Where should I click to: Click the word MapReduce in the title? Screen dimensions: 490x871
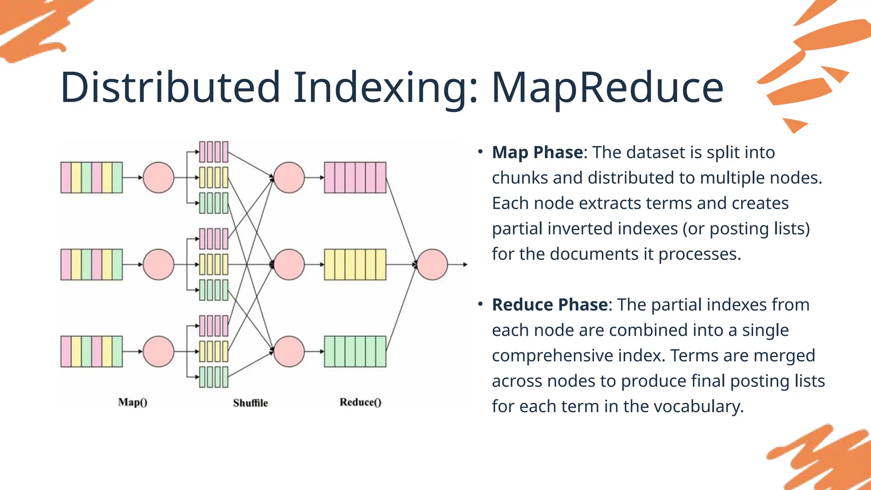pyautogui.click(x=607, y=88)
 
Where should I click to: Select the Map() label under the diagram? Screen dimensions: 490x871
pyautogui.click(x=133, y=402)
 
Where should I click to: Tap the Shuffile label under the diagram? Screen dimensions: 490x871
pyautogui.click(x=250, y=403)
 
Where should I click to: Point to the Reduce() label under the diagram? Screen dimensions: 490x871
pyautogui.click(x=360, y=402)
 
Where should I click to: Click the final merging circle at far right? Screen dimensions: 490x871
pyautogui.click(x=432, y=265)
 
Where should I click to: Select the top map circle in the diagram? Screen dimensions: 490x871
pyautogui.click(x=159, y=177)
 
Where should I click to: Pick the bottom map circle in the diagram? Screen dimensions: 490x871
pyautogui.click(x=159, y=352)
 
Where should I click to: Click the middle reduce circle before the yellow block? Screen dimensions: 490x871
pyautogui.click(x=289, y=265)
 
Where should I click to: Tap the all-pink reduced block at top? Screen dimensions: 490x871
pyautogui.click(x=355, y=177)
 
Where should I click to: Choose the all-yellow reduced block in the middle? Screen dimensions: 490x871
pyautogui.click(x=355, y=265)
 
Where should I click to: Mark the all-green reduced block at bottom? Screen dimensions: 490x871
pyautogui.click(x=355, y=352)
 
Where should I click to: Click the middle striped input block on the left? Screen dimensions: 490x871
pyautogui.click(x=91, y=265)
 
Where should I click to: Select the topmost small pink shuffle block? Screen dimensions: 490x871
pyautogui.click(x=213, y=152)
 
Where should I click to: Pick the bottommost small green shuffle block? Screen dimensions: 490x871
pyautogui.click(x=213, y=377)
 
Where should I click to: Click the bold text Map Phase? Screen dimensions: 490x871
pyautogui.click(x=538, y=152)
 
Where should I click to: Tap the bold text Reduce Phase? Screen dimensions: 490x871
pyautogui.click(x=550, y=305)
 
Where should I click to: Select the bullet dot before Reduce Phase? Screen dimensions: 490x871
pyautogui.click(x=480, y=304)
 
